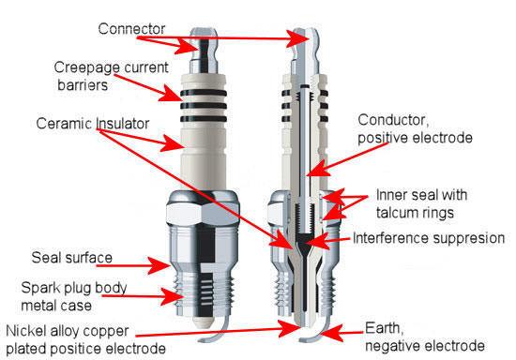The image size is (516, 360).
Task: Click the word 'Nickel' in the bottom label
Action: (x=28, y=330)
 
